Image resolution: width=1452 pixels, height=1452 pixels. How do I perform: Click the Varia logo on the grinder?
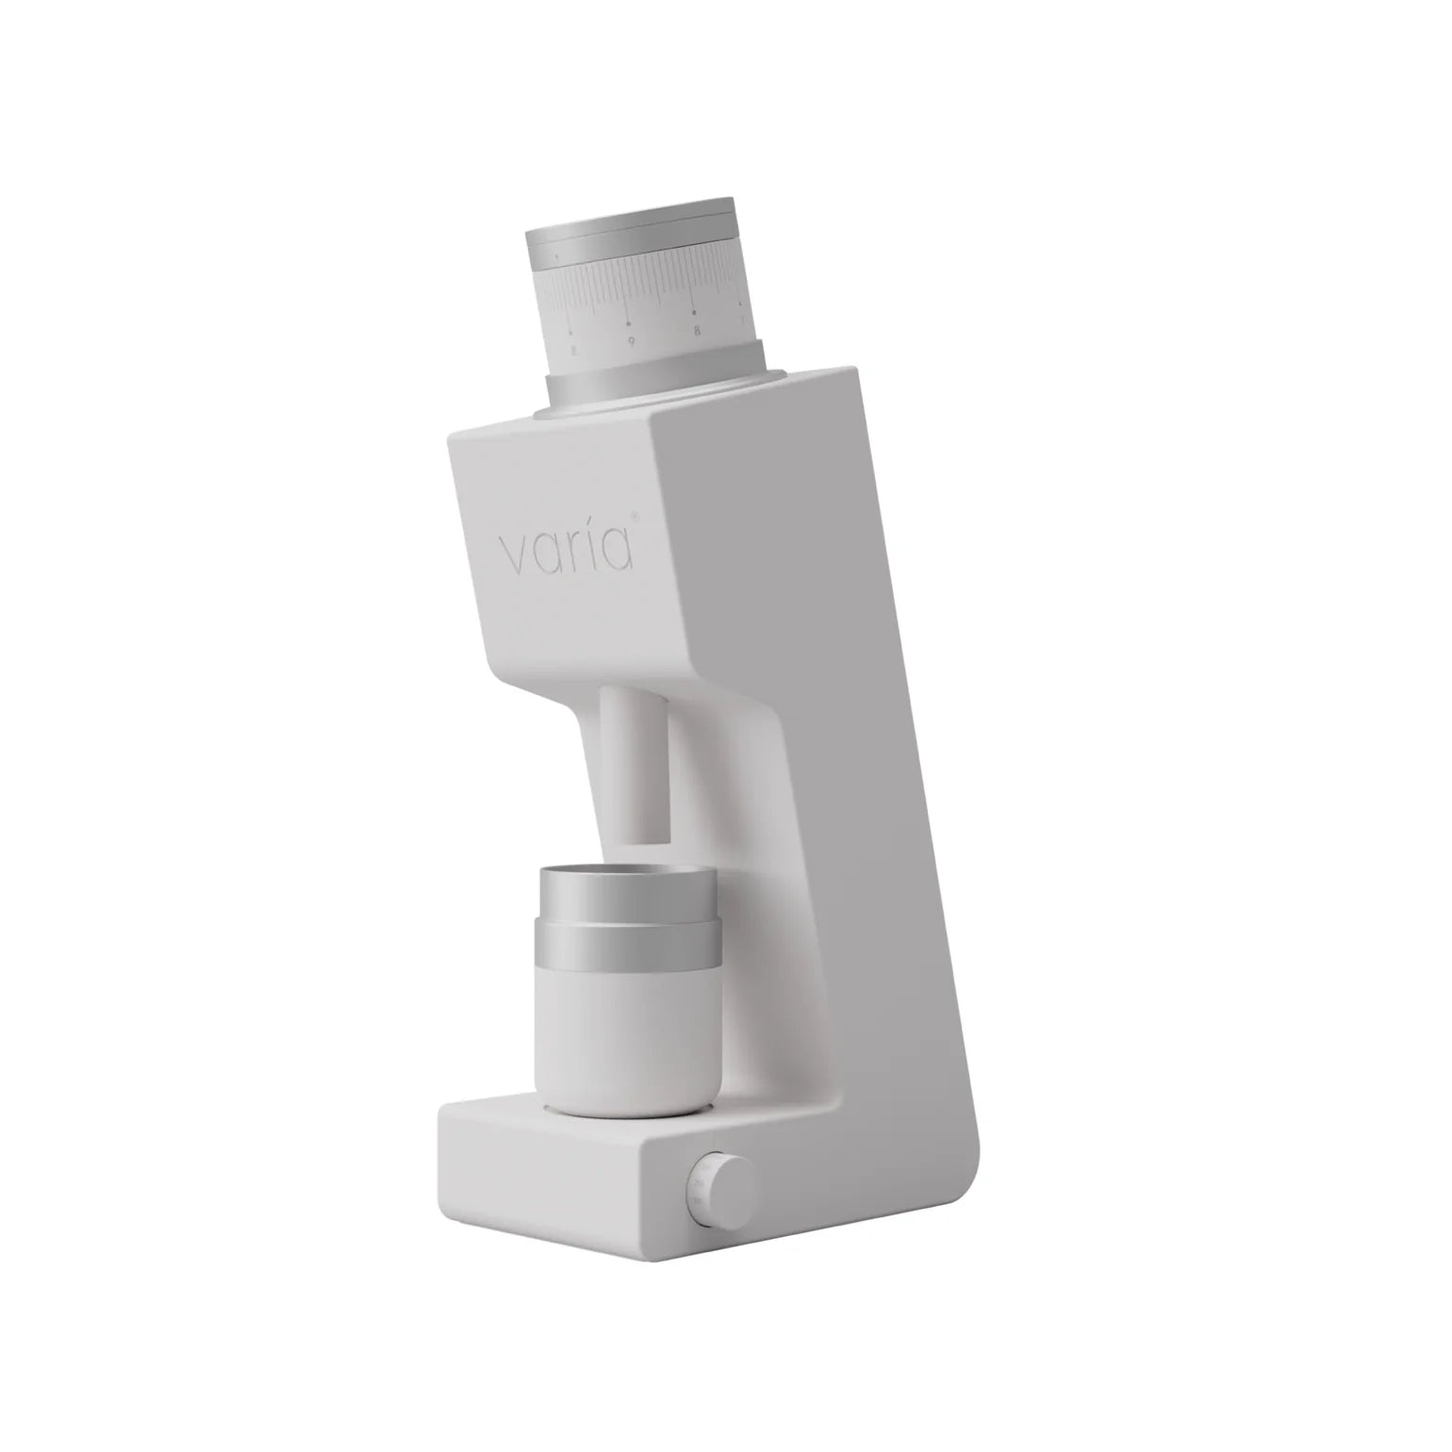tap(566, 551)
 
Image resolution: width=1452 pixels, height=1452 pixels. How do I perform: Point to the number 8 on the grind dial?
tap(696, 331)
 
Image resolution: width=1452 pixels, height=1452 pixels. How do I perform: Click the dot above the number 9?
tap(629, 316)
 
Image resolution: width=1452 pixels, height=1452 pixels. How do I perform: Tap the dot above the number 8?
tap(695, 308)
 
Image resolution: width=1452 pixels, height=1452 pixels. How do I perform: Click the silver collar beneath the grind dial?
tap(651, 386)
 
